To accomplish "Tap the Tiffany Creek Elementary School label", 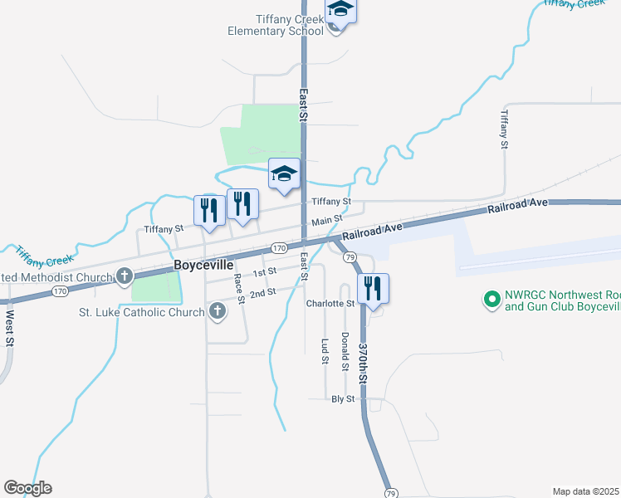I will click(276, 26).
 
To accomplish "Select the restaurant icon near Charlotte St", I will click(374, 289).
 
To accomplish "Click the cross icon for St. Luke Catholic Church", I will click(217, 312).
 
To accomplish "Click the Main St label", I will click(327, 221).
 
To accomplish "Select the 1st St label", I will click(264, 272).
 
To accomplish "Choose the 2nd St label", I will click(262, 293).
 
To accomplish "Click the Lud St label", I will click(325, 351).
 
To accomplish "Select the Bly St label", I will click(343, 399).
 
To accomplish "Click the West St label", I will click(9, 328).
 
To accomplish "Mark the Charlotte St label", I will click(330, 304).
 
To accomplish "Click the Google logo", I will click(27, 488).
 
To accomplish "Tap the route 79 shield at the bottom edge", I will click(391, 493).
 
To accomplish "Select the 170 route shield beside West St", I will click(60, 291).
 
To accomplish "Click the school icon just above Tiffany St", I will click(284, 174).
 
